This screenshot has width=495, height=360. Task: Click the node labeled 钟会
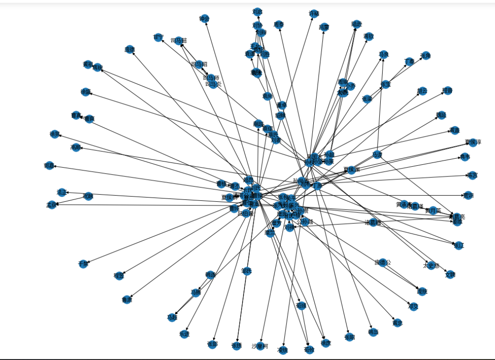click(x=204, y=19)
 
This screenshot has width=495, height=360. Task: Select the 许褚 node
click(x=313, y=14)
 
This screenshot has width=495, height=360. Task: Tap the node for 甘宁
click(x=158, y=37)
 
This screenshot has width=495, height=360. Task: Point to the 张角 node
click(x=425, y=56)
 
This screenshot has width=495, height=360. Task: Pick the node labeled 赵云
click(x=422, y=91)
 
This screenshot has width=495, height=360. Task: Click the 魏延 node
click(x=441, y=115)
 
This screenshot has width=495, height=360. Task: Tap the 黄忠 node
click(x=398, y=323)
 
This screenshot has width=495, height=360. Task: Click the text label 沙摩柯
click(x=261, y=346)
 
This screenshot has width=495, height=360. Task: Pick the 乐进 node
click(x=184, y=334)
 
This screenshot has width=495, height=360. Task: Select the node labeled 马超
click(x=172, y=317)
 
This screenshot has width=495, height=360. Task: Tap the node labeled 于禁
click(x=83, y=264)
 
